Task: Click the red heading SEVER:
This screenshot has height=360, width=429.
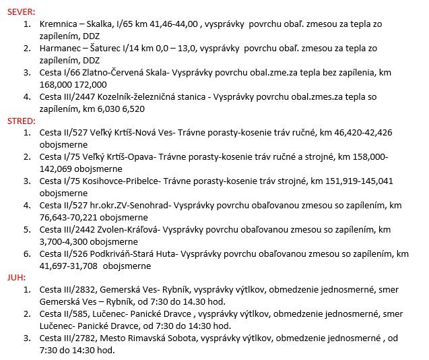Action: click(22, 12)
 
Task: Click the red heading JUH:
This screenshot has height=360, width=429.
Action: click(17, 276)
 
